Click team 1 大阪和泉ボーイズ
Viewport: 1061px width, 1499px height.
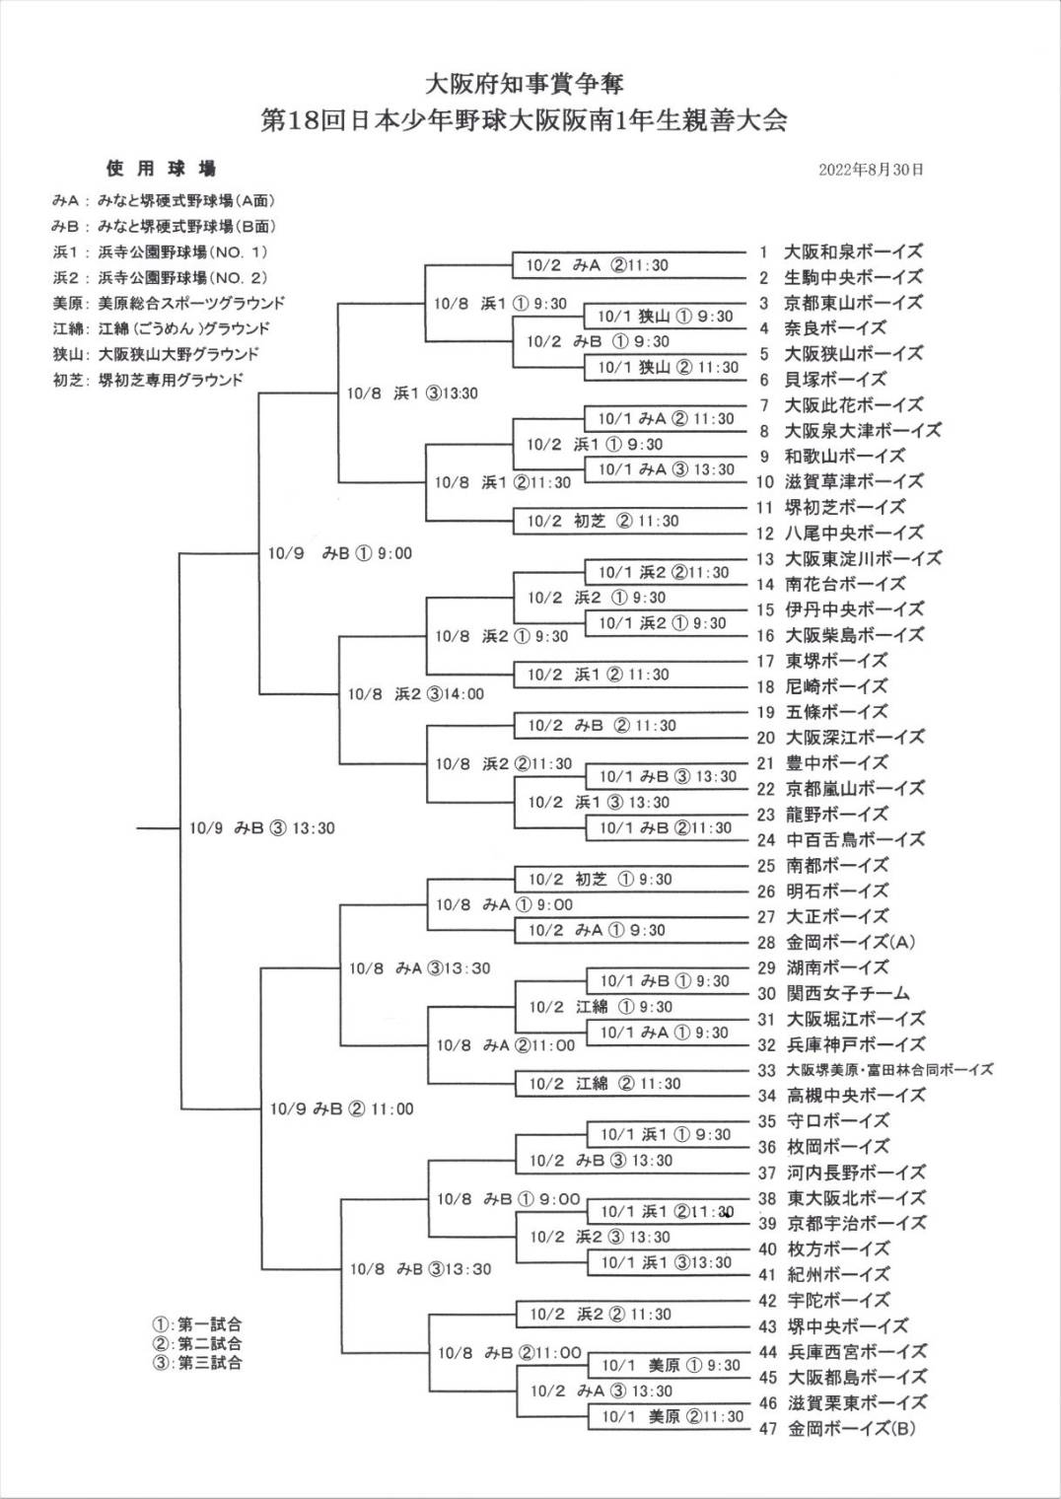point(853,251)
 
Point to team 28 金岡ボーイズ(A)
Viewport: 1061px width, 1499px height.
point(851,942)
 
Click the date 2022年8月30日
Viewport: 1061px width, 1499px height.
point(871,170)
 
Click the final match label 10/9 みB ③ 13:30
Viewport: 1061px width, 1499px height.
point(262,828)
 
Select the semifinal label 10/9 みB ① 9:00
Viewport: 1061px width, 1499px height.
point(340,553)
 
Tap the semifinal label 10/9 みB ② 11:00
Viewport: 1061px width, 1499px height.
point(342,1108)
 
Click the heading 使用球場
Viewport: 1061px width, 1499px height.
point(161,169)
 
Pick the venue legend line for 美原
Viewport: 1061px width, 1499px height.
point(169,303)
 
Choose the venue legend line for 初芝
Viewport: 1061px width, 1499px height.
point(148,380)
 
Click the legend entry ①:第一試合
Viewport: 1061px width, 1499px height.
point(196,1324)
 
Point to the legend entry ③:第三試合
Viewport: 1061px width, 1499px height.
point(196,1363)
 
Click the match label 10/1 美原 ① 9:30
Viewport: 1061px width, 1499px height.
point(671,1366)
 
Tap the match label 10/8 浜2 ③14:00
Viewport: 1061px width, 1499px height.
point(416,694)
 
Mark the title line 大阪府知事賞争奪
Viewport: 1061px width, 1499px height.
point(524,83)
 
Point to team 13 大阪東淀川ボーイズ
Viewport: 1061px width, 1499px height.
point(864,558)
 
